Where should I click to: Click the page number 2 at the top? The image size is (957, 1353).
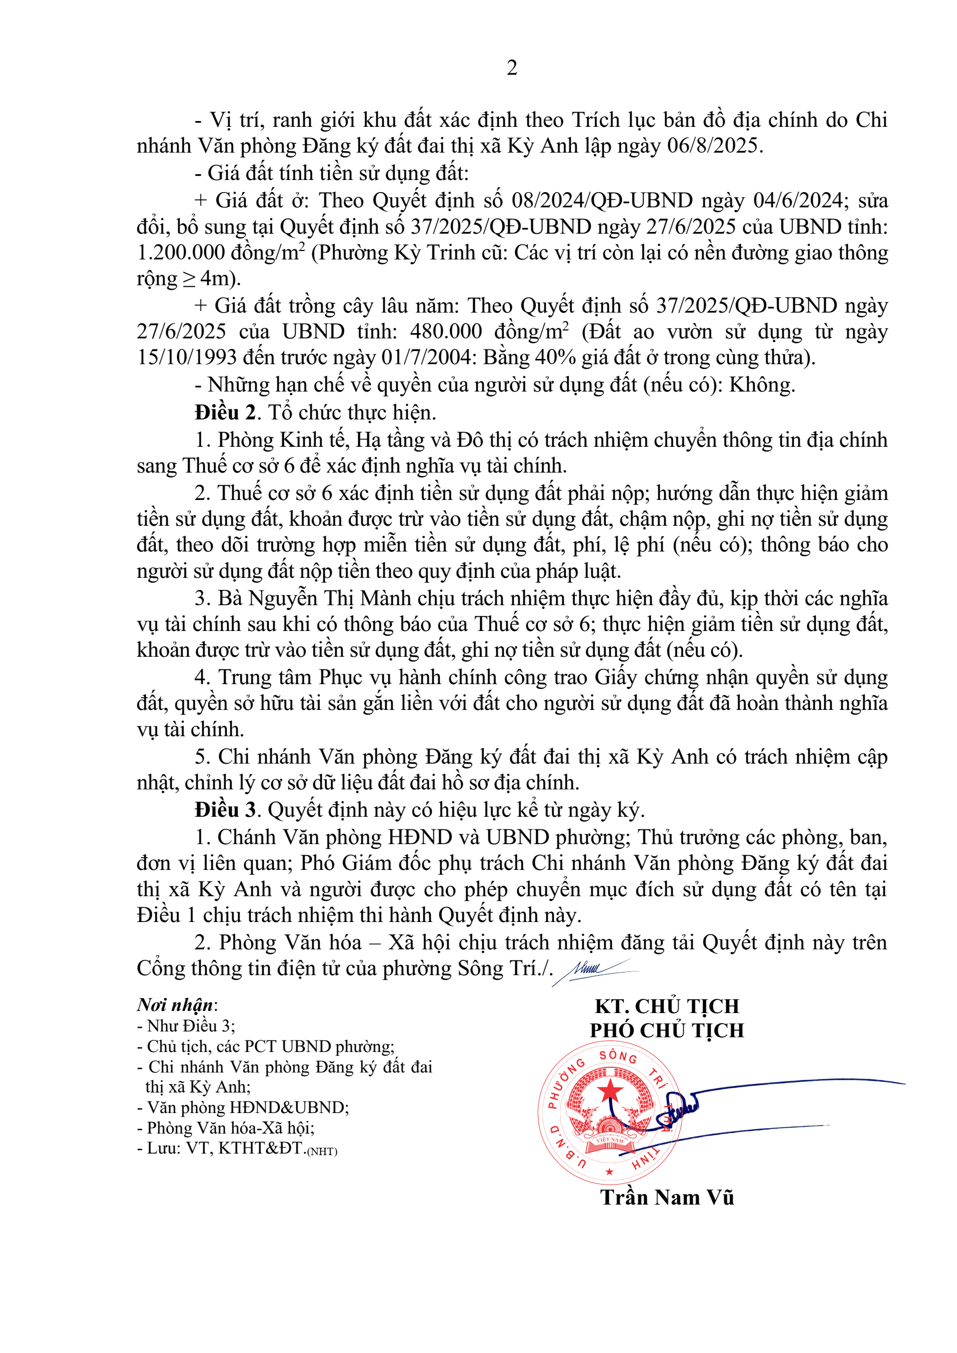512,68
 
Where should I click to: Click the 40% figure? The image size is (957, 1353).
543,358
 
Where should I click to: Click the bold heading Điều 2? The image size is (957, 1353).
226,413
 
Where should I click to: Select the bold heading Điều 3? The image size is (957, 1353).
226,810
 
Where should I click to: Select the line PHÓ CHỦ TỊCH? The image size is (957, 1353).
666,1030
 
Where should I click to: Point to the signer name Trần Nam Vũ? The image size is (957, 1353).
666,1197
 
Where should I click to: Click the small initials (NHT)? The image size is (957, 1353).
322,1151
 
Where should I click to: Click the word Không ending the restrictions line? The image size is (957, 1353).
761,385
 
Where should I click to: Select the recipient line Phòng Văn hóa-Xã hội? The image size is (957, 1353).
230,1128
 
